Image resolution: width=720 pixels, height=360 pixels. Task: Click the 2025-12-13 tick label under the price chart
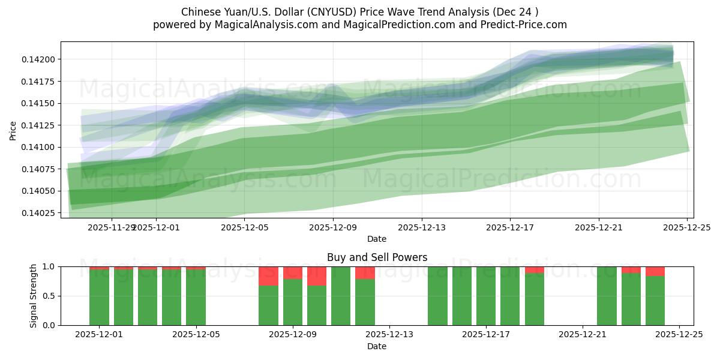pos(421,227)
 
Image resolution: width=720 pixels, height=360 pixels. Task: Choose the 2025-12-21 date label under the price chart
pos(598,227)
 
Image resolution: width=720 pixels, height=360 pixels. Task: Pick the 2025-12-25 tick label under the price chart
pos(686,227)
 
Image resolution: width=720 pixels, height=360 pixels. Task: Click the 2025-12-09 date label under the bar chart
pos(293,335)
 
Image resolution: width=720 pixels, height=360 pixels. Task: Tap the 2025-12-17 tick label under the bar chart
pos(486,335)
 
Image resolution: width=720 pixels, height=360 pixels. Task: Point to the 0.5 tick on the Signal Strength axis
pos(47,296)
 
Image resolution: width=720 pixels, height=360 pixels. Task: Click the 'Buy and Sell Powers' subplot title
pos(377,257)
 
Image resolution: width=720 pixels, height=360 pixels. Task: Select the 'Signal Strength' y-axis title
pos(34,296)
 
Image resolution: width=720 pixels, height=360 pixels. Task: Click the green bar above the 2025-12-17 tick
pos(486,297)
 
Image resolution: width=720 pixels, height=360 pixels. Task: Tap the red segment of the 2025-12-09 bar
pos(293,273)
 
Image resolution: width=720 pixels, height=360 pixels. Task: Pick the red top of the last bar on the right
pos(655,271)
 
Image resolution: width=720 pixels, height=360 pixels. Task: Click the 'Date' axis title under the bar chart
pos(377,346)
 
